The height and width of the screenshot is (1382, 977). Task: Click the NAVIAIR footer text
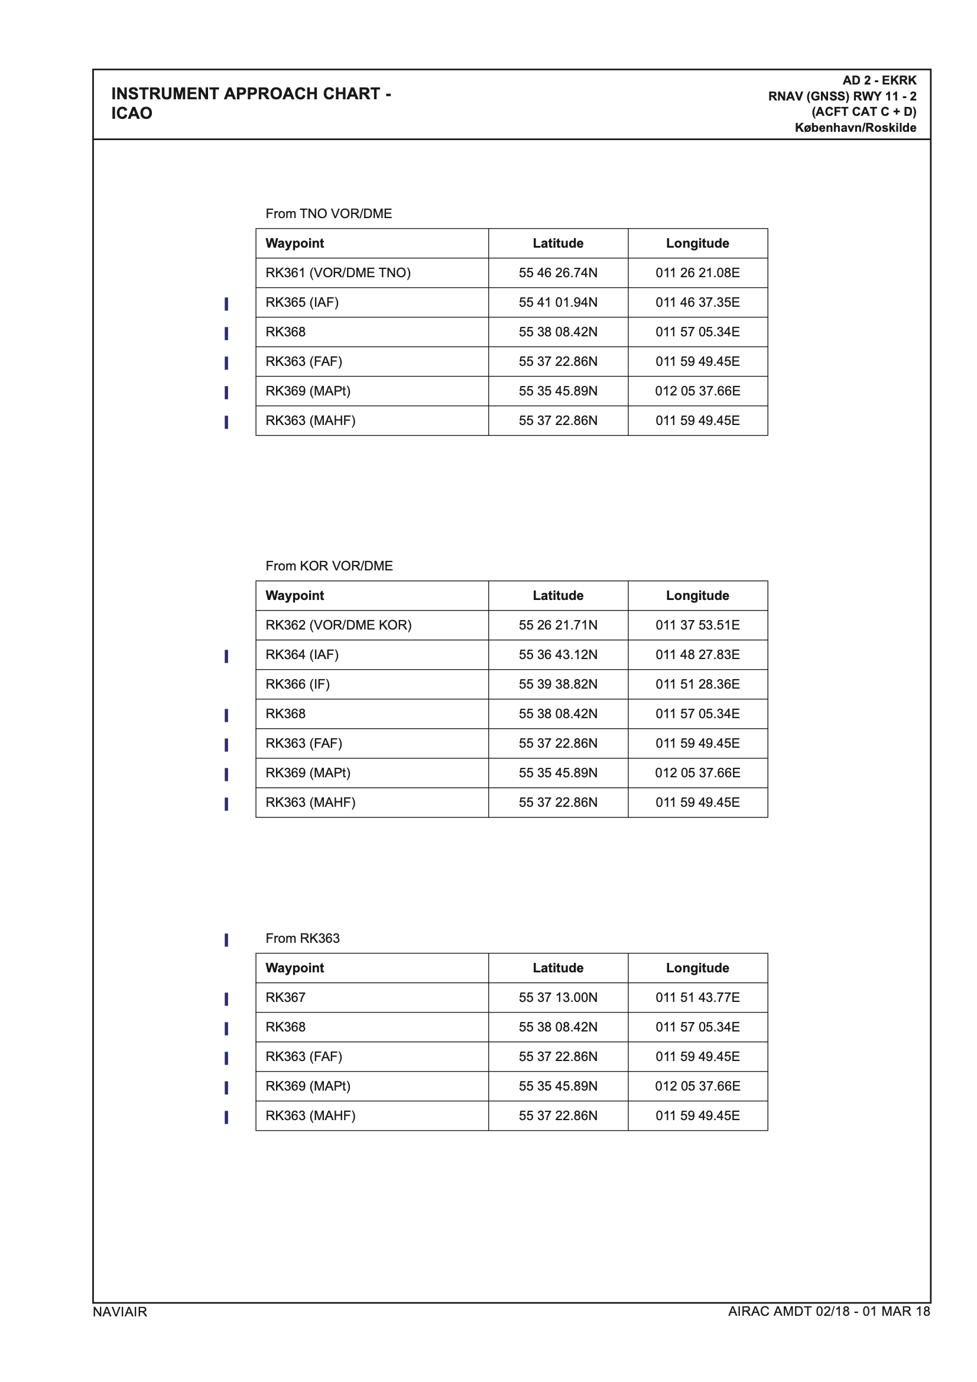(119, 1312)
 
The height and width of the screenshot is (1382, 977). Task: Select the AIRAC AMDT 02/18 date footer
(828, 1311)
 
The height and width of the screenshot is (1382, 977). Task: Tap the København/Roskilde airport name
(855, 128)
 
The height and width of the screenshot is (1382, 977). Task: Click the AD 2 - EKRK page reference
(879, 80)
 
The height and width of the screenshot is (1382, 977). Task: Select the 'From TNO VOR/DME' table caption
(329, 213)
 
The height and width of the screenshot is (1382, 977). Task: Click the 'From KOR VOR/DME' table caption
(329, 566)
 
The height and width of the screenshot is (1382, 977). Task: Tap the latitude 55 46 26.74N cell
(558, 272)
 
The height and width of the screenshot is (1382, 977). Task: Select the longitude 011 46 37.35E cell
(697, 302)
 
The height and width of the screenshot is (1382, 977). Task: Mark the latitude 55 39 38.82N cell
(558, 684)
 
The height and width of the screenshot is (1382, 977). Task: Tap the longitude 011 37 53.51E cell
(697, 625)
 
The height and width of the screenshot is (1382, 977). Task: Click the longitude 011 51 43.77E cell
(697, 997)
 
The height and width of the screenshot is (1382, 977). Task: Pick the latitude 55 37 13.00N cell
(558, 997)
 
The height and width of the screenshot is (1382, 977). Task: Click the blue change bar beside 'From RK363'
(226, 940)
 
